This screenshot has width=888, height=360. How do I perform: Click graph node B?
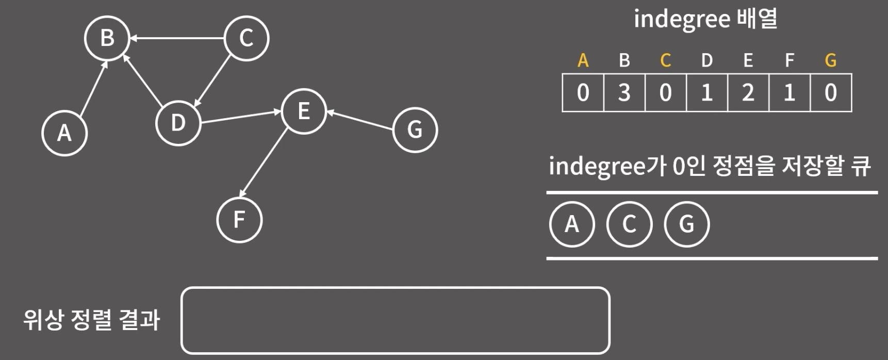point(107,38)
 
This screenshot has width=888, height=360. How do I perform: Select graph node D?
point(178,123)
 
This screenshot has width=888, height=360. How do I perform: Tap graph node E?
point(304,111)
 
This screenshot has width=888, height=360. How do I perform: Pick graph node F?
point(239,220)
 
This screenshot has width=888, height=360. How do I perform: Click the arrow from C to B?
point(177,38)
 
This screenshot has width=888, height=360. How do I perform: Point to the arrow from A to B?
point(93,87)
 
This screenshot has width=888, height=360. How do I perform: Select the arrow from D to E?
point(241,117)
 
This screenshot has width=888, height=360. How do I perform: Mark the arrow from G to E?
point(360,120)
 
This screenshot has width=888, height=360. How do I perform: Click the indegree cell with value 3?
point(624,93)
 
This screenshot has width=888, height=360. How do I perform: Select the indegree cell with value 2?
point(748,93)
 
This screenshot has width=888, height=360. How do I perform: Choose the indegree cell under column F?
point(789,93)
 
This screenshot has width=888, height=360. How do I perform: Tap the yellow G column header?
point(830,60)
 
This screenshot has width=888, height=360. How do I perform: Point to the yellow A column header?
point(583,60)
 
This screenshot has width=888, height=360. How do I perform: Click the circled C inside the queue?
point(629,224)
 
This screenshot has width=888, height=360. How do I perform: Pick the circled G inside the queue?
point(686,224)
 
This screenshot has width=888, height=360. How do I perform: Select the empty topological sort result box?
point(395,320)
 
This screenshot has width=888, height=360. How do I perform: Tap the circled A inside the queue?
point(572,224)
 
